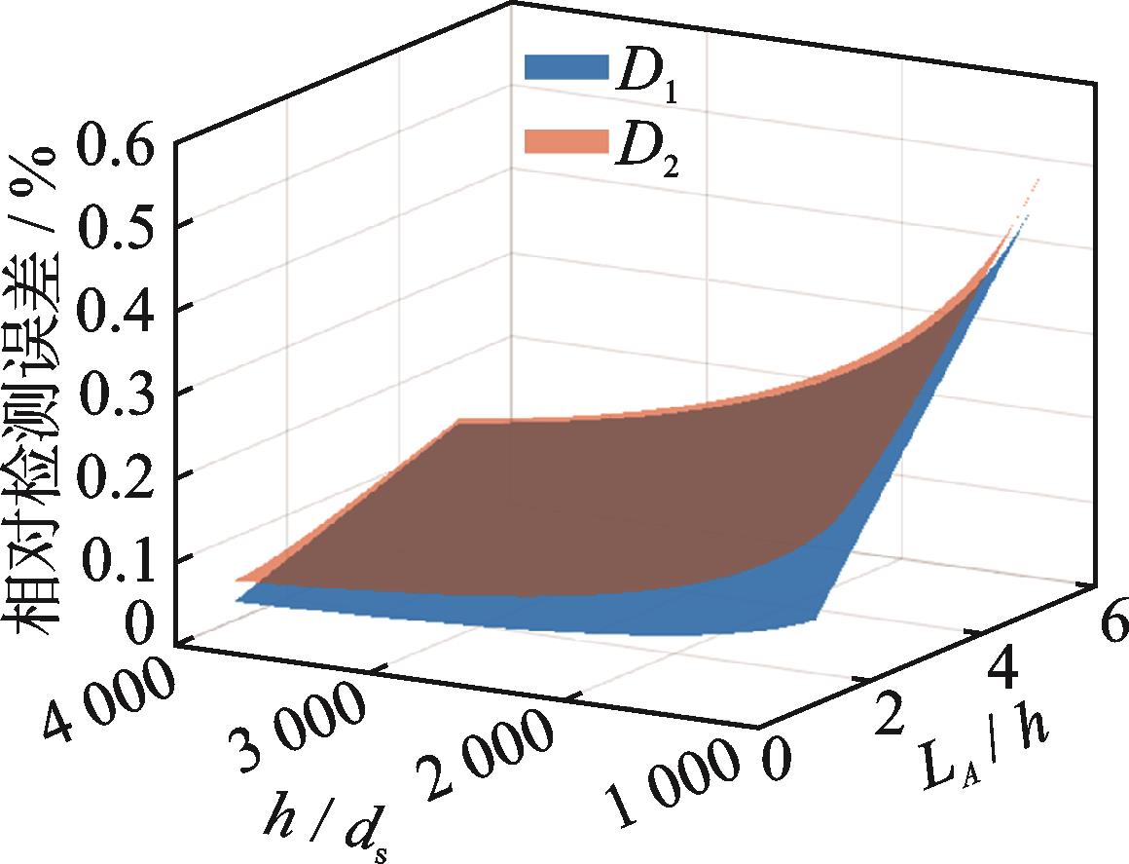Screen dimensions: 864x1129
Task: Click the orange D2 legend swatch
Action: pos(563,141)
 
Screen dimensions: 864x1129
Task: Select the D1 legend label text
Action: pos(641,73)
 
